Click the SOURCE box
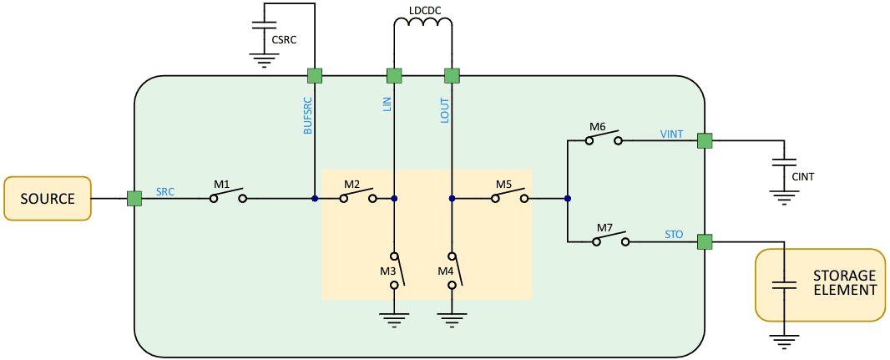tap(47, 199)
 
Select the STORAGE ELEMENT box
tap(820, 284)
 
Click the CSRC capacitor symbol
tap(265, 26)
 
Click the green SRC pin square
tap(134, 199)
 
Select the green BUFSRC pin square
tap(315, 76)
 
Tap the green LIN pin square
tap(394, 76)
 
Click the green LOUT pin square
tap(452, 76)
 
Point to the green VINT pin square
tap(705, 141)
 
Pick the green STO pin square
tap(705, 242)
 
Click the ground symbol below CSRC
tap(265, 58)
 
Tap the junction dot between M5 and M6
tap(567, 199)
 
